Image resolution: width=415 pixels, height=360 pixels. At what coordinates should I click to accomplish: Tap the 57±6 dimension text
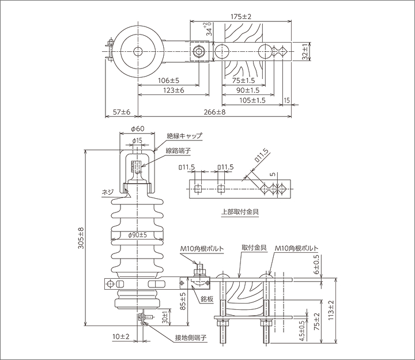click(121, 111)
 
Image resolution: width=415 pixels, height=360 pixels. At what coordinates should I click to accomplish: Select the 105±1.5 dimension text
click(252, 100)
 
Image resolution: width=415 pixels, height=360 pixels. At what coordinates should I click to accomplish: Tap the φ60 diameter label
click(137, 130)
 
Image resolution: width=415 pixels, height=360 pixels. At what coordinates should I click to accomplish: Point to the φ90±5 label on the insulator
click(136, 234)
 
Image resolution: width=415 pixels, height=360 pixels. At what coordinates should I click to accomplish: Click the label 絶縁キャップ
click(184, 136)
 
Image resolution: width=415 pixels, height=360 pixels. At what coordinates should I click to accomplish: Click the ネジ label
click(106, 194)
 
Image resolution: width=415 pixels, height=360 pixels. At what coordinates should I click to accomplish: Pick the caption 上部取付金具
click(240, 211)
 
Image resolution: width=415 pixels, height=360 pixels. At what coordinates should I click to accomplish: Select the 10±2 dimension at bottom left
click(120, 336)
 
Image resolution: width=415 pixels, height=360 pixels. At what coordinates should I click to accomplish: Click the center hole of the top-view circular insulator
click(138, 52)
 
